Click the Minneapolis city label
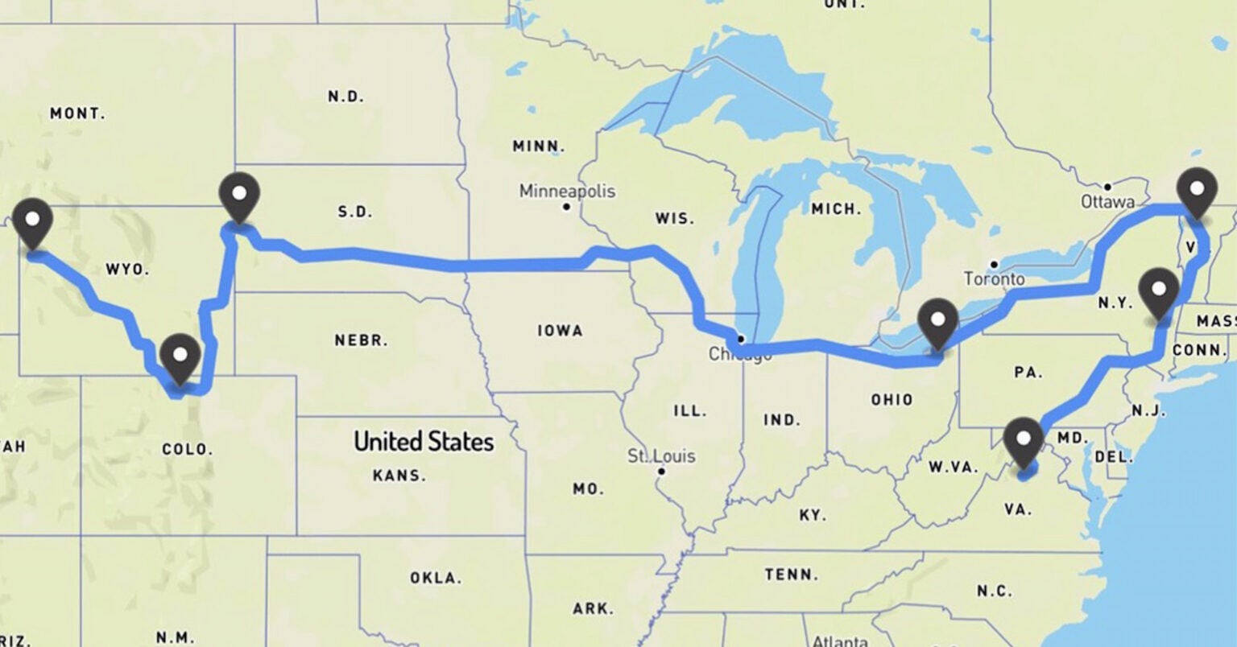coord(567,192)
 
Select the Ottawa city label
coord(1107,202)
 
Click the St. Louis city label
coord(661,456)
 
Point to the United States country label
coord(424,441)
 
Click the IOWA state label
coord(560,331)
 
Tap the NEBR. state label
coord(361,340)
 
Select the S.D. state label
coord(354,212)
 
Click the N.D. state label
coord(345,97)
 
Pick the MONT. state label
coord(77,113)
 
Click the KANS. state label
coord(399,476)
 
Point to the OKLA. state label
coord(435,578)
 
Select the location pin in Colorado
coord(179,357)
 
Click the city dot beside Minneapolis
coord(567,207)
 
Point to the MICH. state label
coord(836,209)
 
